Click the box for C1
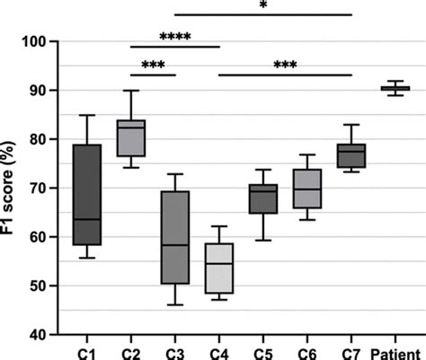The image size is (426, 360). point(87,194)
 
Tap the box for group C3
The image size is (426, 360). point(175,237)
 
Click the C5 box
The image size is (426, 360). point(263,198)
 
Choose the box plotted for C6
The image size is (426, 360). point(307,189)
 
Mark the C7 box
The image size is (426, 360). point(351,155)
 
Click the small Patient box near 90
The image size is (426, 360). point(395,88)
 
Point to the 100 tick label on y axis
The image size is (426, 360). point(36,41)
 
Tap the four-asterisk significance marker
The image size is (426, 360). point(175,39)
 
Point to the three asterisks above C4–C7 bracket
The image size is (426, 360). point(285,66)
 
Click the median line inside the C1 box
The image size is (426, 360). point(87,219)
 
